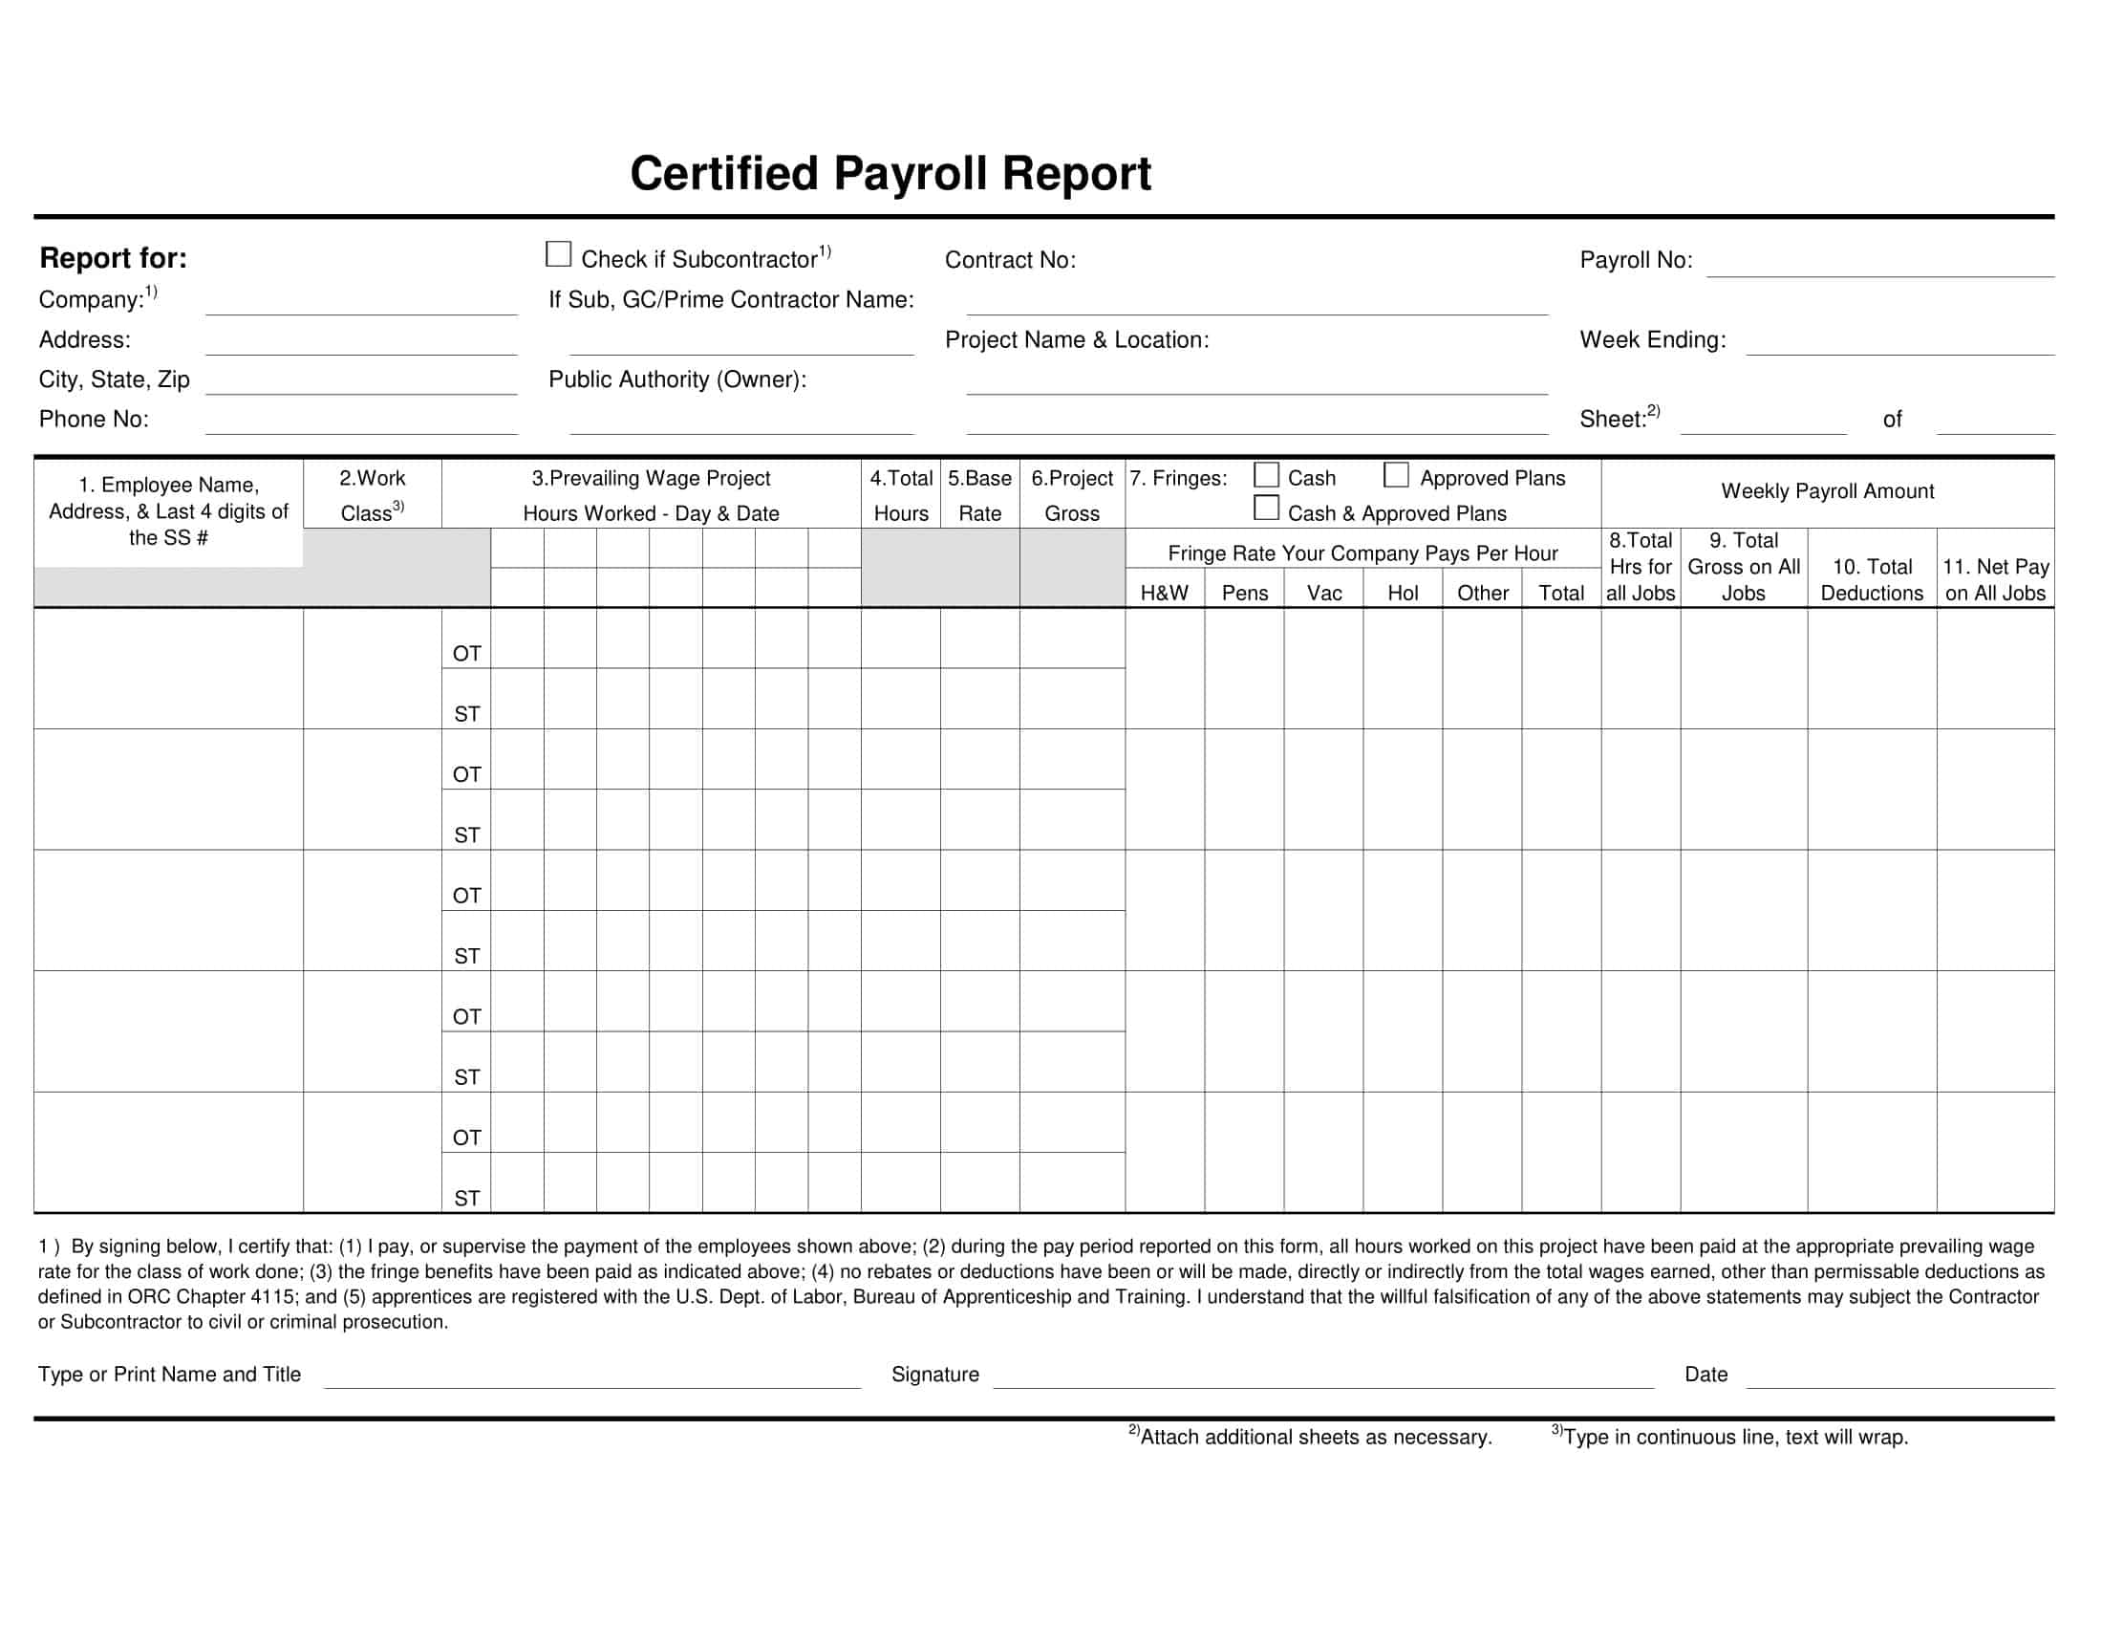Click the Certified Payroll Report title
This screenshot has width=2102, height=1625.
point(890,174)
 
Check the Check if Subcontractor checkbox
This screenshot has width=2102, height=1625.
point(558,254)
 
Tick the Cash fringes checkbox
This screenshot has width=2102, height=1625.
point(1266,475)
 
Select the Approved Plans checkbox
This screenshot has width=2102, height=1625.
point(1396,475)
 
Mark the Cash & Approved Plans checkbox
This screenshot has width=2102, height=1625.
point(1266,508)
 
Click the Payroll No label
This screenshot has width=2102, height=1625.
point(1635,260)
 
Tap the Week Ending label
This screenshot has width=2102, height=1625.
point(1652,340)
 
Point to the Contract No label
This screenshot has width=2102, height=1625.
point(1010,260)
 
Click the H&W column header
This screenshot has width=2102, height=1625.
point(1164,593)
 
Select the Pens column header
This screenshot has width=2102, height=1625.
point(1243,593)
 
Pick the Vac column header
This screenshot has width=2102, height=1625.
point(1323,593)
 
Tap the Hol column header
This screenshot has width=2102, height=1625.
point(1403,593)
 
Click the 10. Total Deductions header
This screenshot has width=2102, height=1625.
point(1871,579)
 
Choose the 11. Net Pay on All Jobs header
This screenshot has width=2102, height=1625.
point(1994,579)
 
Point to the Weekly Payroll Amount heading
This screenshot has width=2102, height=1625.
point(1827,491)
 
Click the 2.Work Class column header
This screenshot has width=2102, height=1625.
point(373,495)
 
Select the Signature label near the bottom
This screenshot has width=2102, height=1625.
point(934,1375)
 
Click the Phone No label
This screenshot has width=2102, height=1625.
point(94,420)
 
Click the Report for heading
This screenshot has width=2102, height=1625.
point(113,258)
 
